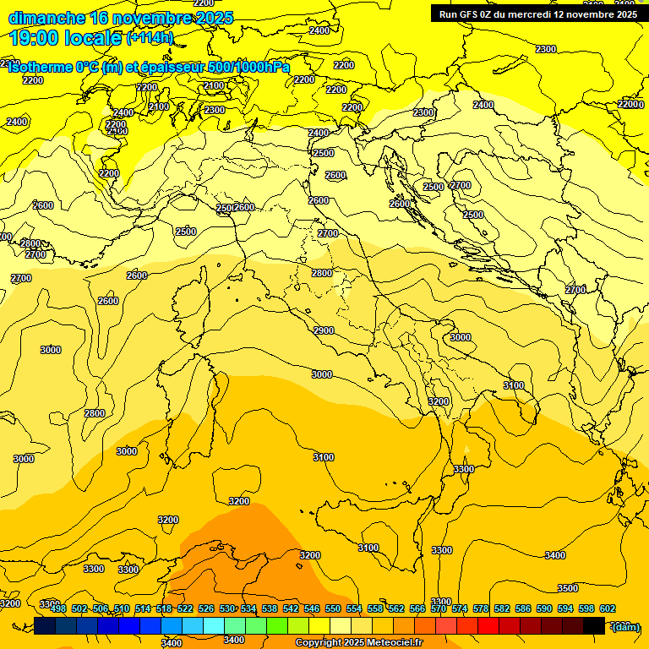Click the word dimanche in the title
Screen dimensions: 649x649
coord(46,18)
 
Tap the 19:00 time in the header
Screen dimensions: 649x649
coord(34,38)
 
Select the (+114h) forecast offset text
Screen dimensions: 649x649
coord(150,38)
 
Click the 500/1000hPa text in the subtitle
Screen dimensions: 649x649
coord(251,68)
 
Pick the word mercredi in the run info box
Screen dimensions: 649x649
coord(540,14)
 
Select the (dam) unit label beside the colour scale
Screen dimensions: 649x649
coord(624,626)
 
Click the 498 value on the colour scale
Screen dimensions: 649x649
coord(58,608)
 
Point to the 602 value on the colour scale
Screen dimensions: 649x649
coord(608,608)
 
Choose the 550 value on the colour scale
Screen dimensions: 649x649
coord(333,608)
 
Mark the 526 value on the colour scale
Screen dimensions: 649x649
coord(206,608)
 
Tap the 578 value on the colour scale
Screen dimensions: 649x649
coord(481,608)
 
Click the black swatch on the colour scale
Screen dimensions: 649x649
coord(594,625)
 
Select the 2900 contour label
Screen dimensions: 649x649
coord(323,330)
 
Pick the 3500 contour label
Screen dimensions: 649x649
coord(568,588)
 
